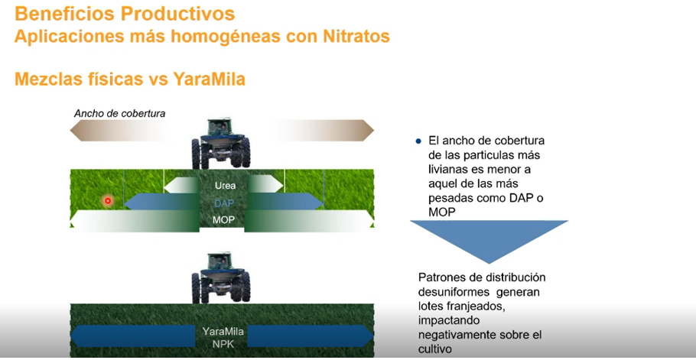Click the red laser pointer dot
[x=107, y=201]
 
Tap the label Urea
[x=225, y=185]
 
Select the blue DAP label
[x=224, y=203]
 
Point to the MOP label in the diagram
[x=223, y=220]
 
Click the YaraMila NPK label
[x=223, y=338]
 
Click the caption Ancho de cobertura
[x=120, y=113]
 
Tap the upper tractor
[x=220, y=143]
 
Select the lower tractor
[x=220, y=277]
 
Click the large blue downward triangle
[x=489, y=237]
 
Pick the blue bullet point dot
[x=418, y=141]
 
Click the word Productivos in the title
[x=178, y=14]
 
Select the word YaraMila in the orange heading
[x=209, y=79]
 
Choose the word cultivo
[x=435, y=349]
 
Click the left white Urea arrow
[x=181, y=185]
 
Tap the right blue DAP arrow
[x=285, y=202]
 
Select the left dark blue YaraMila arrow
[x=133, y=336]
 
